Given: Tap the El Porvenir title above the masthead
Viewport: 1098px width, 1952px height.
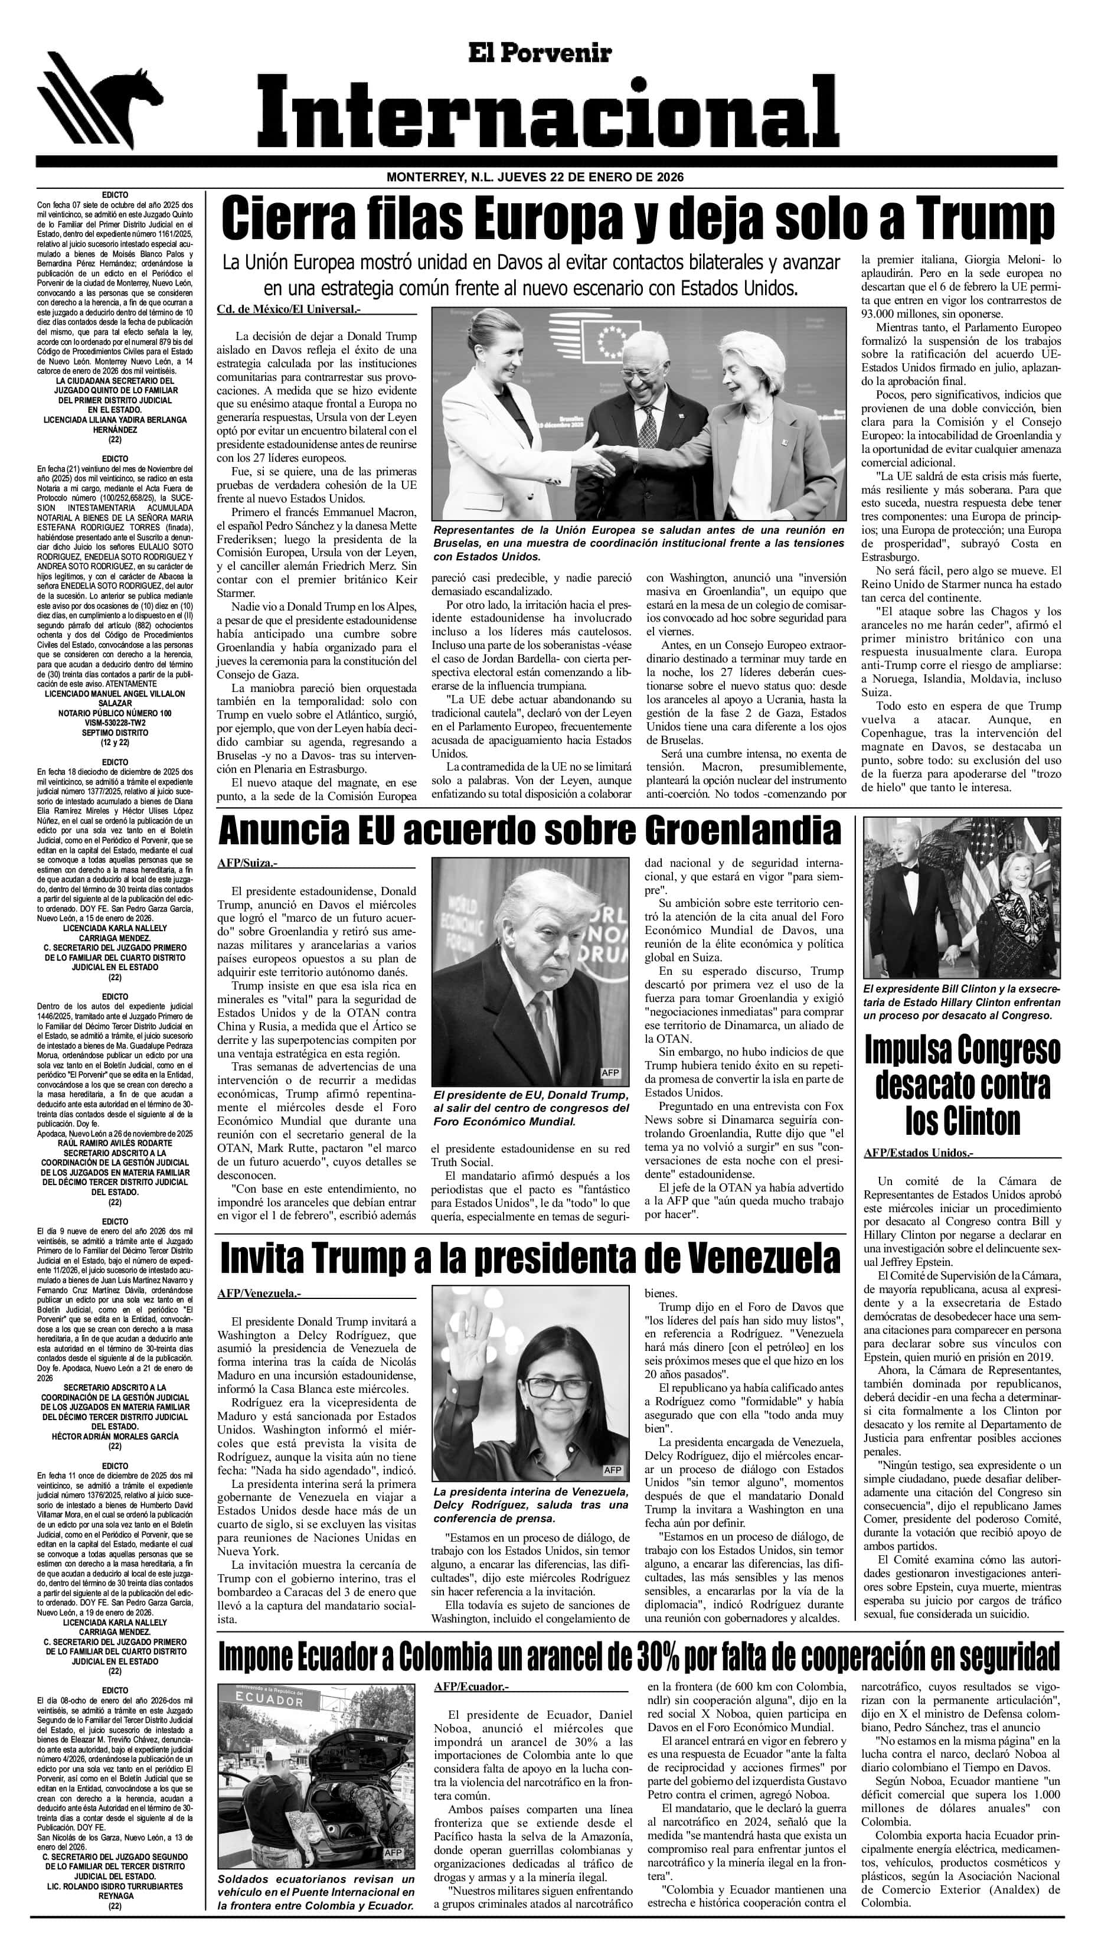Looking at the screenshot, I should click(x=539, y=53).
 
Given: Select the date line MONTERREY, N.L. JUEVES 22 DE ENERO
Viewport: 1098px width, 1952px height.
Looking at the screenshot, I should click(x=535, y=177).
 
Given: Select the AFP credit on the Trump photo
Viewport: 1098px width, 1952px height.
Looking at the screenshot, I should click(x=609, y=1072).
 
